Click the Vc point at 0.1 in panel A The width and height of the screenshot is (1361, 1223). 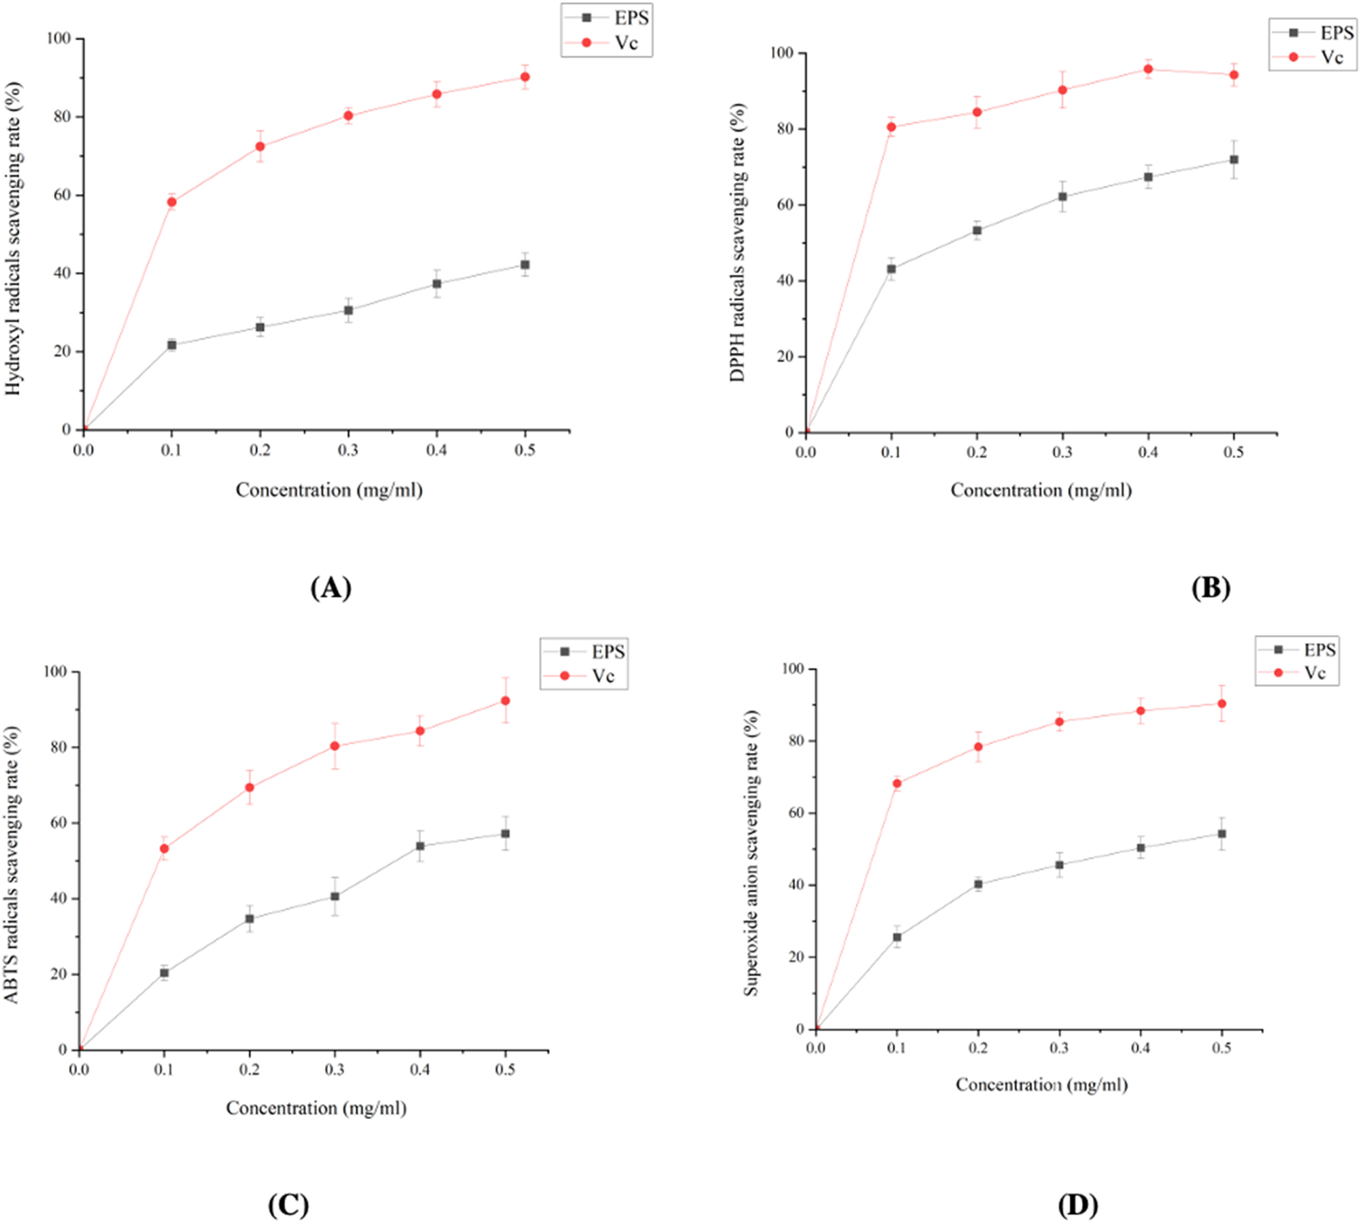point(171,201)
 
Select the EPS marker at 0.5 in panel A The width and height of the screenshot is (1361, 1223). point(524,265)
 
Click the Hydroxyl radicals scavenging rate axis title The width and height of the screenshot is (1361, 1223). point(14,238)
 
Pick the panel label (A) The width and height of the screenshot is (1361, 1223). point(331,587)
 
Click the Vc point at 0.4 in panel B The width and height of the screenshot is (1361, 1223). point(1148,69)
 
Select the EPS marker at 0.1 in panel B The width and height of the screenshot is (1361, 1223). point(891,269)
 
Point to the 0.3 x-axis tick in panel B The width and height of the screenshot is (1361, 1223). point(1062,452)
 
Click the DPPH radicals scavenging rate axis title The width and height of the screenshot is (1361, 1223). point(738,242)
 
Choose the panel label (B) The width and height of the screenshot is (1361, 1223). point(1211,587)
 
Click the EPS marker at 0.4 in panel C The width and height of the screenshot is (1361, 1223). point(420,846)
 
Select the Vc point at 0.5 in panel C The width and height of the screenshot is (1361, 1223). point(505,700)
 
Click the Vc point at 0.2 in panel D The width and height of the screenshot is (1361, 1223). point(978,747)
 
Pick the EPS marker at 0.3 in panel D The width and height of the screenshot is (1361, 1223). point(1059,864)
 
